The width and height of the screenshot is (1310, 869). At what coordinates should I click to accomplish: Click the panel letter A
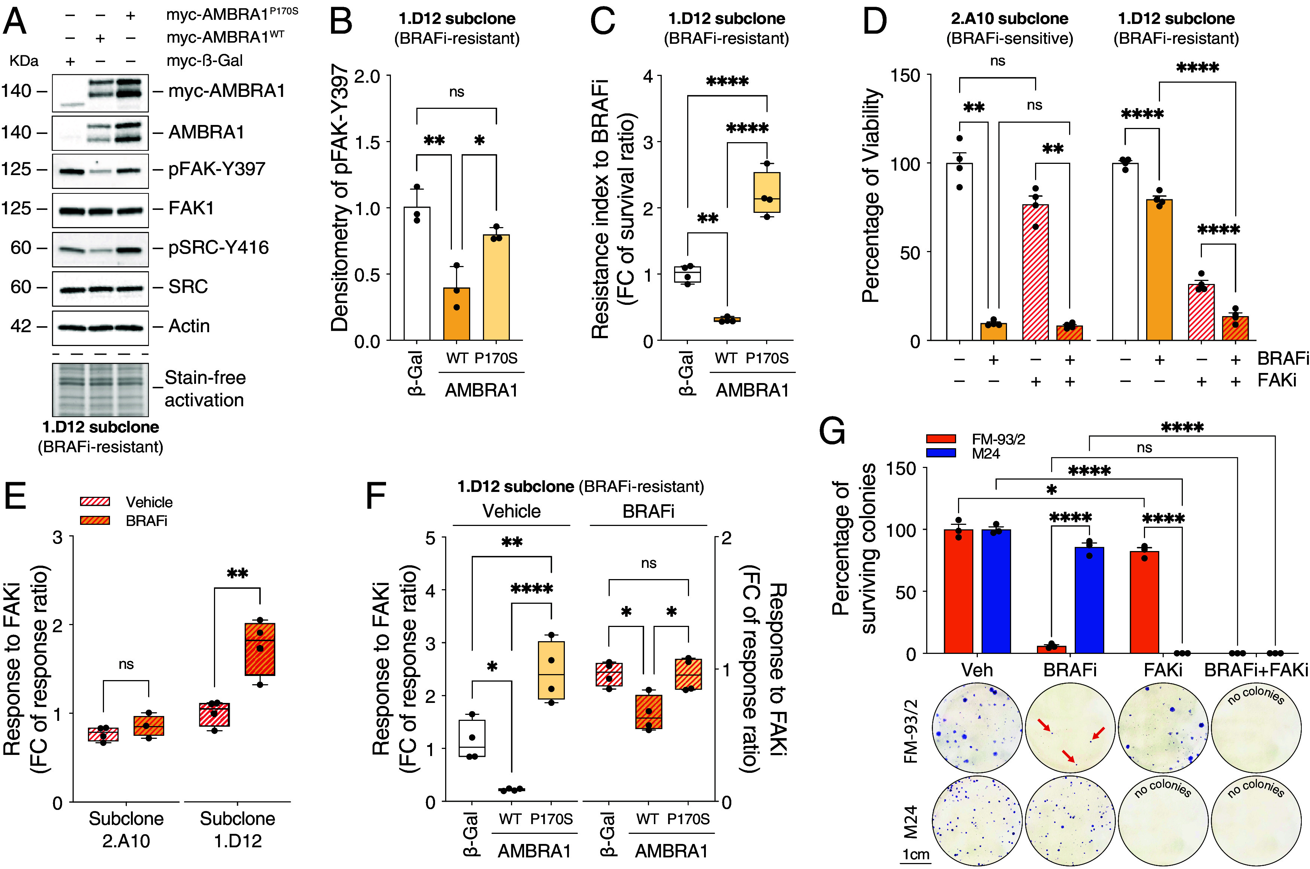tap(15, 22)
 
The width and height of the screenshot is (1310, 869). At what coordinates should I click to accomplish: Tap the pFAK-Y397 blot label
tap(217, 169)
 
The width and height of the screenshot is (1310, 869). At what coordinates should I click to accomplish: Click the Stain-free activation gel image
tap(100, 389)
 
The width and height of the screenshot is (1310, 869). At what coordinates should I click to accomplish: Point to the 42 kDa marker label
tap(21, 326)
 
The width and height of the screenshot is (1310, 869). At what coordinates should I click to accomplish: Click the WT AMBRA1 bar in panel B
tap(457, 314)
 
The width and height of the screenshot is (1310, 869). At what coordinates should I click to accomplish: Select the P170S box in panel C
tap(767, 192)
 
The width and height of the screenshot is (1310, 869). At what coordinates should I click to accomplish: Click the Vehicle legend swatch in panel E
tap(95, 502)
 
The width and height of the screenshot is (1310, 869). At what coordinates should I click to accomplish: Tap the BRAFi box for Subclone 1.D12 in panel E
tap(260, 649)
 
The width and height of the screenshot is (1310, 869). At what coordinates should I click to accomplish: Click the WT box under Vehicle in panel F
tap(511, 790)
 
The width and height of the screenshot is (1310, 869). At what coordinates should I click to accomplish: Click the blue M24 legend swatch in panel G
tap(941, 453)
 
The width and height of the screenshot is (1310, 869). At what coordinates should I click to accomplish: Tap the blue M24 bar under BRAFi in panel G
tap(1089, 600)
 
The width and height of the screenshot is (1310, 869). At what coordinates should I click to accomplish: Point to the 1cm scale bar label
tap(915, 854)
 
